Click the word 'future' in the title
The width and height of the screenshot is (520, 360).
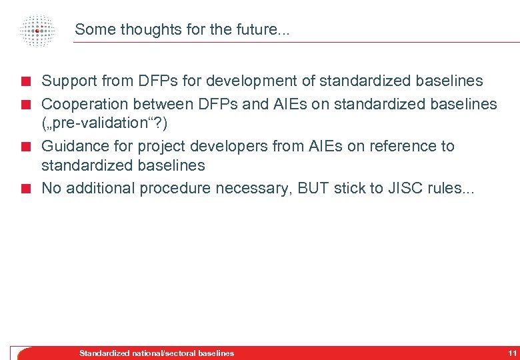click(257, 29)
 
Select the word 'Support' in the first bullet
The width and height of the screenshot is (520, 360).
click(69, 81)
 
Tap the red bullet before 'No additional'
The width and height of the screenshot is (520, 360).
click(26, 189)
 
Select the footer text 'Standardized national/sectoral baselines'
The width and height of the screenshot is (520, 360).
click(157, 353)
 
